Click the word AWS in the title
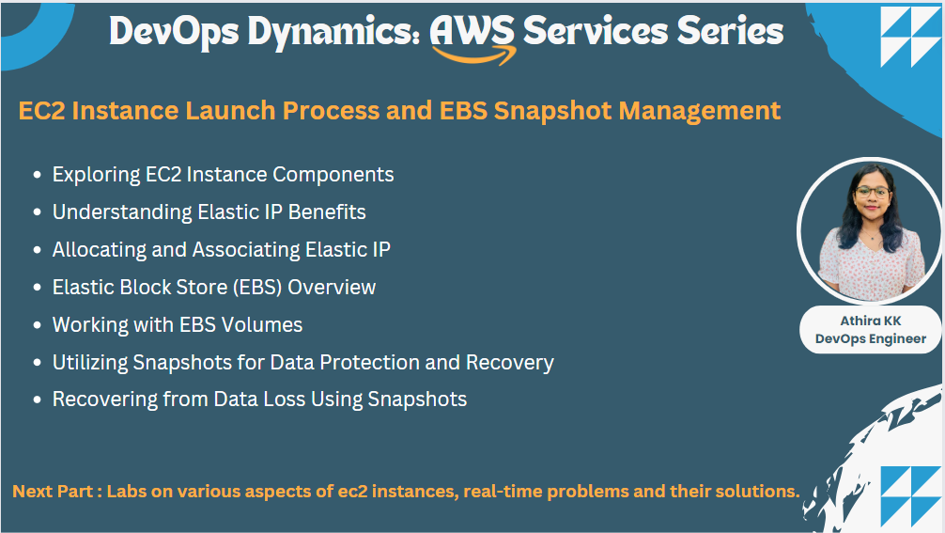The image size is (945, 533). (x=472, y=30)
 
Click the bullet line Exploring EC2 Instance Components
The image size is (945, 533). (x=223, y=175)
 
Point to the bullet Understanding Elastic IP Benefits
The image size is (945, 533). (x=209, y=212)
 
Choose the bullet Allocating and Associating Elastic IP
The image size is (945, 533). (x=221, y=250)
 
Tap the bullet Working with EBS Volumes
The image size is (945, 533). (x=178, y=325)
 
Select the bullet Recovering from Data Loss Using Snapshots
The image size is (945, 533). (x=259, y=400)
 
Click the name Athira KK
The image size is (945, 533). (x=870, y=321)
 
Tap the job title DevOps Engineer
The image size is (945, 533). (x=870, y=338)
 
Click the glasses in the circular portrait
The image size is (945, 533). (x=871, y=191)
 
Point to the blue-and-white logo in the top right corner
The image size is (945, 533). (x=910, y=38)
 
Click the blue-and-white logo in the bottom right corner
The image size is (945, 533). (x=910, y=495)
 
